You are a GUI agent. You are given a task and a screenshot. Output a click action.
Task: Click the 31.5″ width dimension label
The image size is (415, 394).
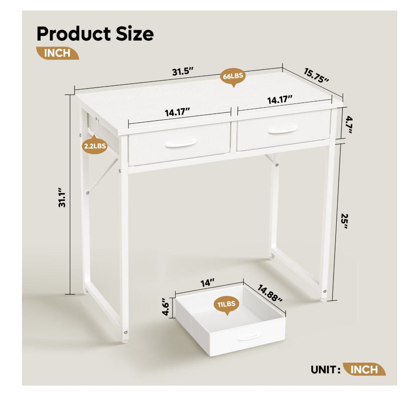pyautogui.click(x=183, y=71)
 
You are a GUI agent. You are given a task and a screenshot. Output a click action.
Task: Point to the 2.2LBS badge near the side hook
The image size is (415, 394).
pyautogui.click(x=95, y=145)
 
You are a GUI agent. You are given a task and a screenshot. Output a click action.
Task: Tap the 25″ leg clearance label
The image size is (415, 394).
pyautogui.click(x=344, y=221)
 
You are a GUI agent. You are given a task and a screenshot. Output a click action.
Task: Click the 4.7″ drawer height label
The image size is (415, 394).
pyautogui.click(x=349, y=125)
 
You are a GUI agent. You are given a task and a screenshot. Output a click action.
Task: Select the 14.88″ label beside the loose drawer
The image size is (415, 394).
pyautogui.click(x=270, y=293)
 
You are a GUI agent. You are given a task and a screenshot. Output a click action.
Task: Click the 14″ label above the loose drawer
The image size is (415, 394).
pyautogui.click(x=207, y=283)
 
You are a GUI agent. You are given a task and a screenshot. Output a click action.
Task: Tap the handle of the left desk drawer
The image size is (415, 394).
pyautogui.click(x=181, y=144)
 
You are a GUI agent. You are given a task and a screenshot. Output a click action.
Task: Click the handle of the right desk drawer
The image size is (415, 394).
pyautogui.click(x=283, y=130)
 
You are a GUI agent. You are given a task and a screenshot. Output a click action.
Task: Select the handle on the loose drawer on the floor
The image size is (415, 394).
pyautogui.click(x=248, y=337)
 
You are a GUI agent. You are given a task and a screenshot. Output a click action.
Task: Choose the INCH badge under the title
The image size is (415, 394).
pyautogui.click(x=58, y=53)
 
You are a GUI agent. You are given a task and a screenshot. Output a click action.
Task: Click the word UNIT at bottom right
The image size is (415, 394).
pyautogui.click(x=323, y=370)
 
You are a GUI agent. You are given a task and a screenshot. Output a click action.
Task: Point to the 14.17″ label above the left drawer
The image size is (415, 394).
pyautogui.click(x=178, y=112)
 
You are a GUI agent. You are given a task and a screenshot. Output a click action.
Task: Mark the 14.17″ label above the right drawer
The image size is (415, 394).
pyautogui.click(x=280, y=100)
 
